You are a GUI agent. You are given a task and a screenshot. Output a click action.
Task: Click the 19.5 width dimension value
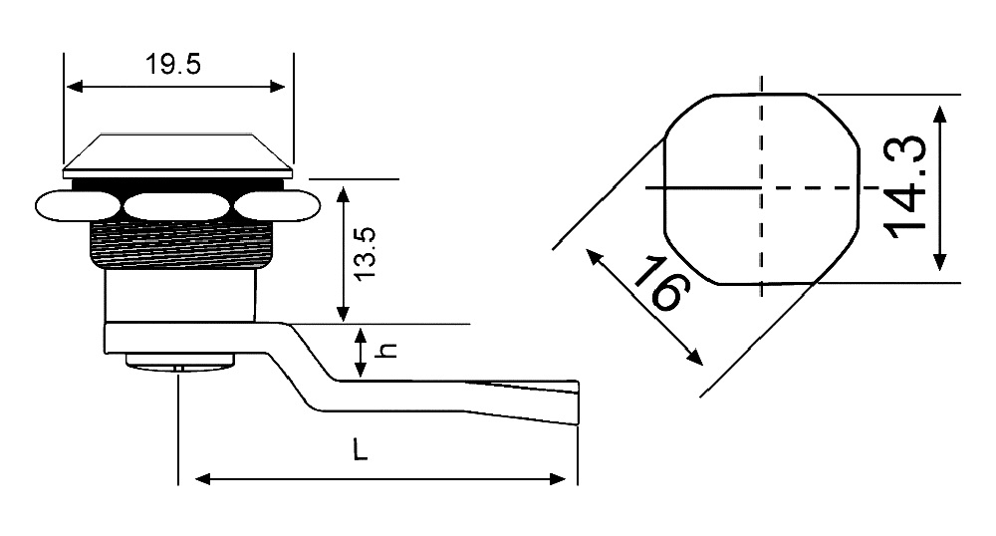pyautogui.click(x=172, y=64)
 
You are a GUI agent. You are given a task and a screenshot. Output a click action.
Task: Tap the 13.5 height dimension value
pyautogui.click(x=366, y=254)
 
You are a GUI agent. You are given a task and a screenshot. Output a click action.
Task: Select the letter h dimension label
pyautogui.click(x=387, y=351)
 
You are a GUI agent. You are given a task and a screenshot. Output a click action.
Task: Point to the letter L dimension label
pyautogui.click(x=361, y=450)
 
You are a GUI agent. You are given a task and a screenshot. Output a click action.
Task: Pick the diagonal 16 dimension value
pyautogui.click(x=660, y=284)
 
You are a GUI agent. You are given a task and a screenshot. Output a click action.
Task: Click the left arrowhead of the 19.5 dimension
pyautogui.click(x=75, y=87)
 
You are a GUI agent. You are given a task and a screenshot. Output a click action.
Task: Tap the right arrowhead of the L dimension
pyautogui.click(x=557, y=479)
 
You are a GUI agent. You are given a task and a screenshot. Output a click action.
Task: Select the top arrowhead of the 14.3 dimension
pyautogui.click(x=941, y=115)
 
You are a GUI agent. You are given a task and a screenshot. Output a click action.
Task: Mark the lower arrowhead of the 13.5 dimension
pyautogui.click(x=343, y=313)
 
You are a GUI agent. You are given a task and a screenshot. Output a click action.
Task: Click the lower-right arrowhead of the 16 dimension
pyautogui.click(x=695, y=358)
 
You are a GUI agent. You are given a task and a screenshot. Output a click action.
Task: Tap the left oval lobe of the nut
pyautogui.click(x=77, y=206)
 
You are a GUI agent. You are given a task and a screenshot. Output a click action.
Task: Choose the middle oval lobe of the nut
pyautogui.click(x=176, y=206)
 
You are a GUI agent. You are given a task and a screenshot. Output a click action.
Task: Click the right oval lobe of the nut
pyautogui.click(x=277, y=206)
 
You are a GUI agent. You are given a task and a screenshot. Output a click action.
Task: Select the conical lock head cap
pyautogui.click(x=178, y=155)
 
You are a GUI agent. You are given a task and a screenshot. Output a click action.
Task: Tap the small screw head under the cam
pyautogui.click(x=179, y=360)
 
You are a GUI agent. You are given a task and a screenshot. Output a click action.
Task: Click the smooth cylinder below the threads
pyautogui.click(x=181, y=295)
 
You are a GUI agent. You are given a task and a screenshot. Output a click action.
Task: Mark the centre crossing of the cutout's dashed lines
pyautogui.click(x=762, y=188)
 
